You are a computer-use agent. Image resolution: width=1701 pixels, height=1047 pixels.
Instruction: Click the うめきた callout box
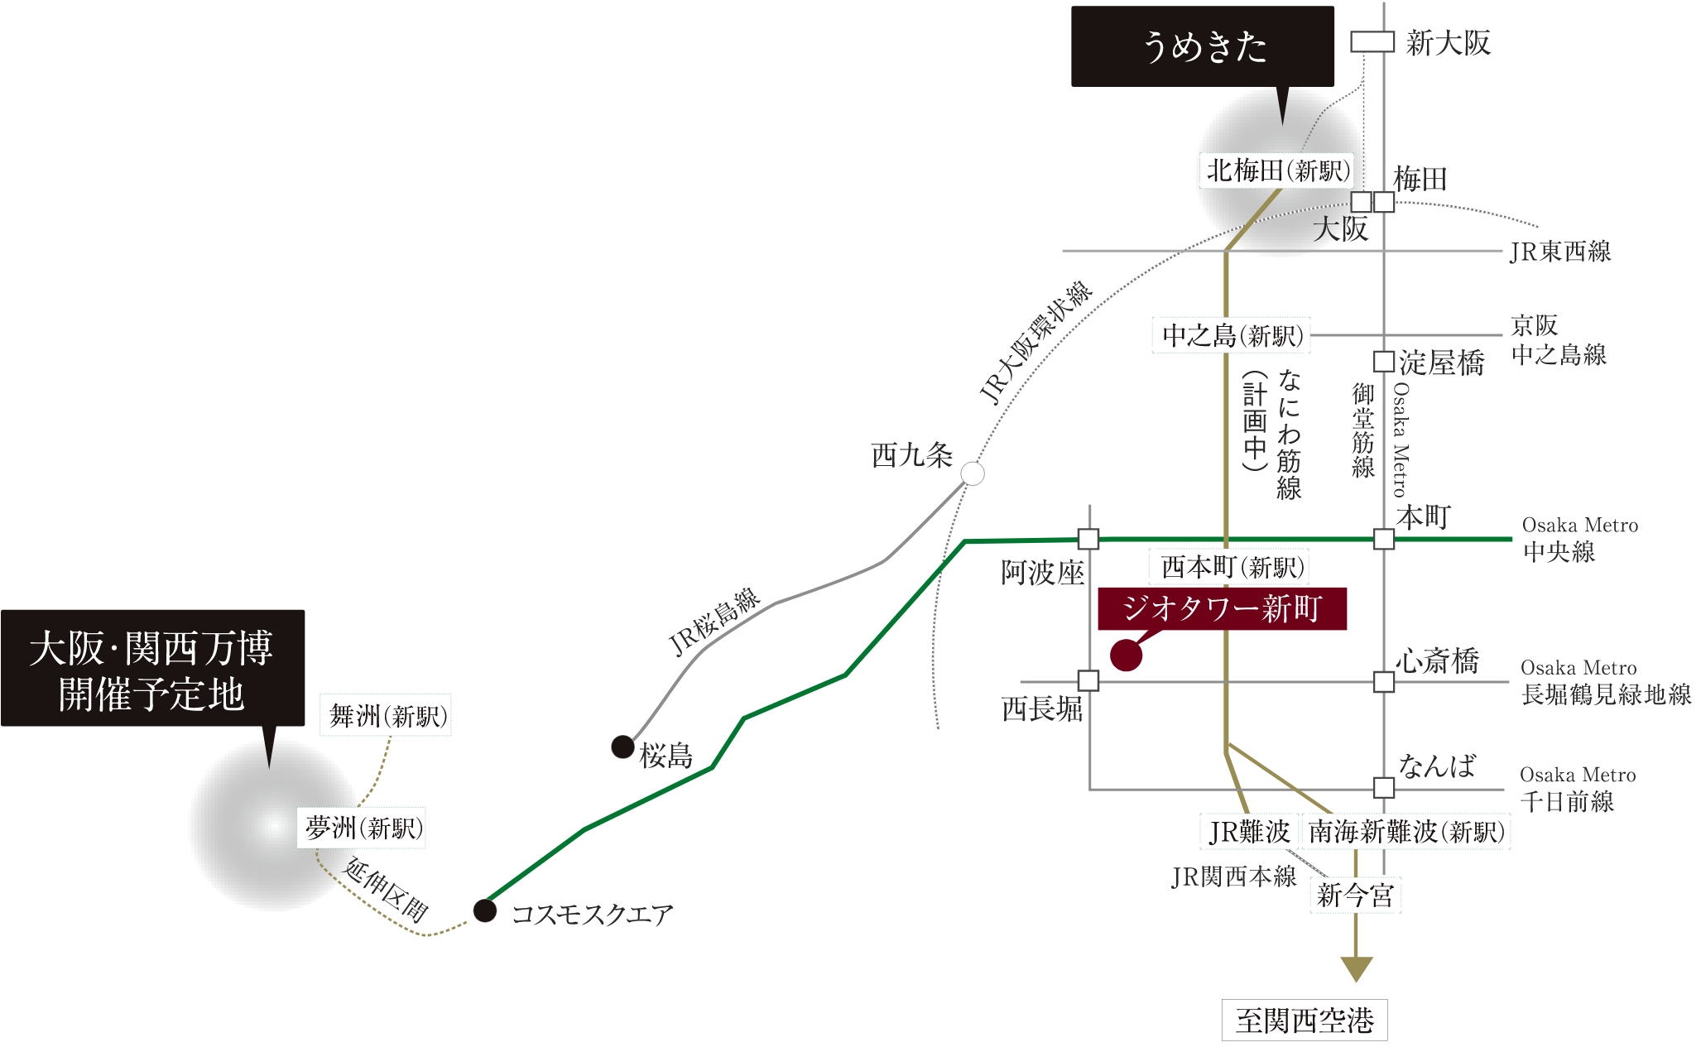pos(1202,46)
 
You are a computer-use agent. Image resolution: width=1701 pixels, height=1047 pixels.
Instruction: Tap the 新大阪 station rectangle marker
pos(1372,41)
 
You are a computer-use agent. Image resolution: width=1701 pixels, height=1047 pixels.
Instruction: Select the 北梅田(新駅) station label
pos(1277,171)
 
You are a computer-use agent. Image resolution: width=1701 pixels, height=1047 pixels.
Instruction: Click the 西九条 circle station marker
pos(973,474)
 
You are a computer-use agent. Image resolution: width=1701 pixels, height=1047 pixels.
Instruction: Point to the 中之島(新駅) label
pos(1232,336)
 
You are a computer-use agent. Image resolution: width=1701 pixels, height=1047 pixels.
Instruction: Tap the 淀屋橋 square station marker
pos(1383,362)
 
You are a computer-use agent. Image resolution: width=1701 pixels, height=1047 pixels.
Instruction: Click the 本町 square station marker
pos(1383,540)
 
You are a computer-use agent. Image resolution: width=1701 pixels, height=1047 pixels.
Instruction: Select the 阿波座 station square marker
pos(1088,540)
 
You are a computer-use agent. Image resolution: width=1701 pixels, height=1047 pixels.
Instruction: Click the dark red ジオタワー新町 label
pos(1222,609)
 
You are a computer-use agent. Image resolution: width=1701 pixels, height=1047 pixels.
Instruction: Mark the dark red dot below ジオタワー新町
pos(1126,655)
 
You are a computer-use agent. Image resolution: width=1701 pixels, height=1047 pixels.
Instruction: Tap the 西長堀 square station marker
pos(1088,681)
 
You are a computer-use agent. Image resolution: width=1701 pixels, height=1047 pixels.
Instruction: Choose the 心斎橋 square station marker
pos(1383,682)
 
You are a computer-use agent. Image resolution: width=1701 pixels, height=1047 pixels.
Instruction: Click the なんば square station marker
pos(1383,788)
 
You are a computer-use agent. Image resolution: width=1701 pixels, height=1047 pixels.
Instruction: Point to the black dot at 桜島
pos(622,747)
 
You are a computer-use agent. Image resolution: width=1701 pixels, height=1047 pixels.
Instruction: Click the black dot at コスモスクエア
pos(485,910)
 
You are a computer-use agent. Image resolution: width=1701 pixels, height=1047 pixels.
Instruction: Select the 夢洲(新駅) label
pos(363,828)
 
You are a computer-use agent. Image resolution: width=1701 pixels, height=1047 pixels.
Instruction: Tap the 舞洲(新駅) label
pos(387,716)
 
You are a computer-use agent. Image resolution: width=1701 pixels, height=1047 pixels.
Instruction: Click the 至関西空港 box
pos(1305,1021)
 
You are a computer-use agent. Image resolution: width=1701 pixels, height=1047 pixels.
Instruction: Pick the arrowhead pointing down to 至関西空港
pos(1356,968)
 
